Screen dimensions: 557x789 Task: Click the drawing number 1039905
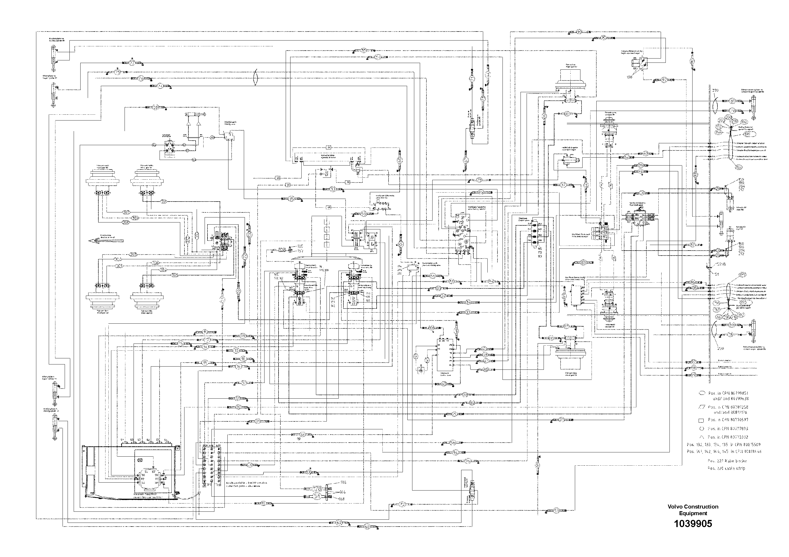tap(693, 524)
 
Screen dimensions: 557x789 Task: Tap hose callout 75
tap(117, 73)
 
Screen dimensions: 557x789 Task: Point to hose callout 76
tap(141, 79)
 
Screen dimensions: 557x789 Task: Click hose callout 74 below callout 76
tap(160, 86)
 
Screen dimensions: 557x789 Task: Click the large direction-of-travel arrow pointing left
tap(106, 240)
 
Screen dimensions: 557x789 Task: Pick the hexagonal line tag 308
tap(126, 222)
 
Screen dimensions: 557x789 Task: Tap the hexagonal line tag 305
tap(175, 275)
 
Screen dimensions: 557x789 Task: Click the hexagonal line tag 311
tap(164, 202)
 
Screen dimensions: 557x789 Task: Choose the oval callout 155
tap(737, 168)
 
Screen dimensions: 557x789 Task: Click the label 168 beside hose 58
tap(342, 499)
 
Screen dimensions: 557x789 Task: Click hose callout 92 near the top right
tap(664, 80)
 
